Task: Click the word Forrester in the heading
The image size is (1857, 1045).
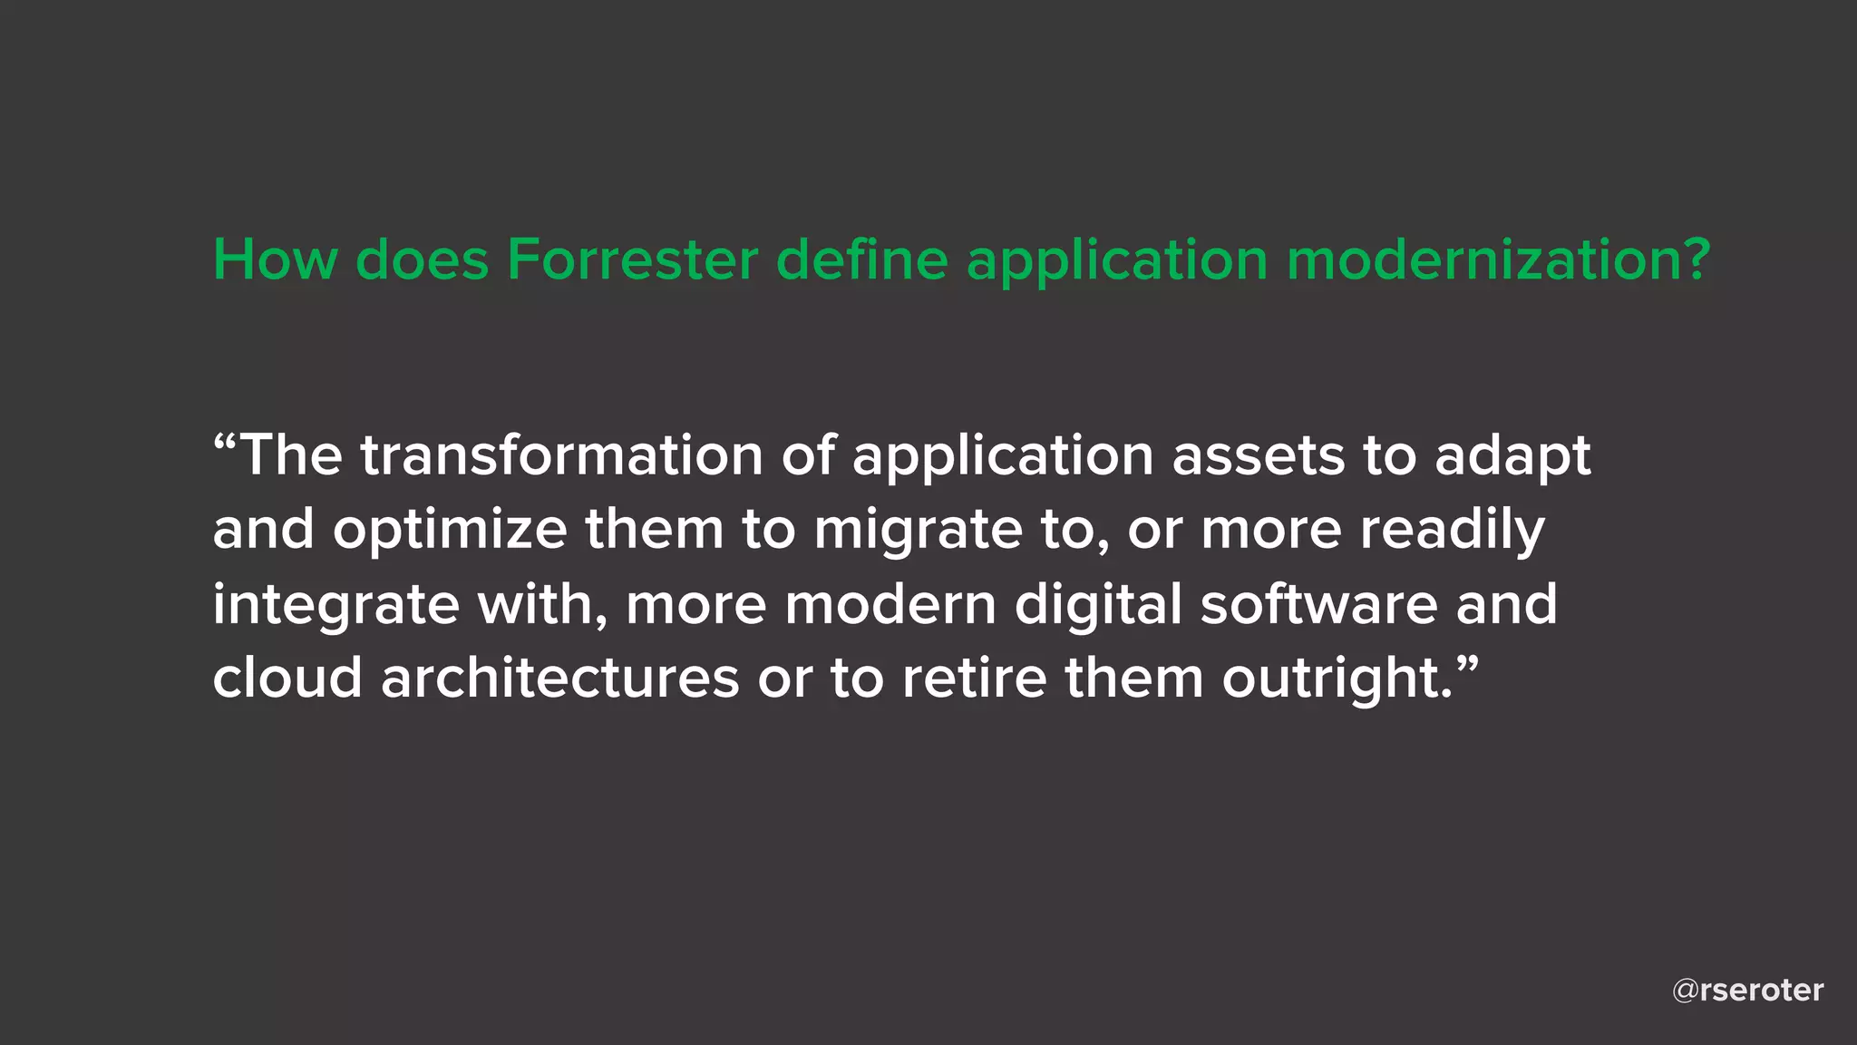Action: coord(631,260)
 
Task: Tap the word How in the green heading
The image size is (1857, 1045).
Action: coord(275,260)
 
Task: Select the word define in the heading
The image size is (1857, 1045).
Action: coord(861,260)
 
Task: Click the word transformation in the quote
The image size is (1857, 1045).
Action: coord(561,454)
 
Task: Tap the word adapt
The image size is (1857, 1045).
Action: coord(1512,456)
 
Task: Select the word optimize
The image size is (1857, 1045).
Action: coord(450,531)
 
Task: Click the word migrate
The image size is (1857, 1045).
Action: coord(918,531)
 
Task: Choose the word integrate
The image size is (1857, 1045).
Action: coord(335,606)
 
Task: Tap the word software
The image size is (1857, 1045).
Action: coord(1318,604)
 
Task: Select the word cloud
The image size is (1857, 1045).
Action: coord(287,679)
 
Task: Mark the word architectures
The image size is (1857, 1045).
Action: coord(560,679)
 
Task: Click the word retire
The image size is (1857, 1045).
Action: coord(974,679)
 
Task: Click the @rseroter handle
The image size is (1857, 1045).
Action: coord(1747,991)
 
